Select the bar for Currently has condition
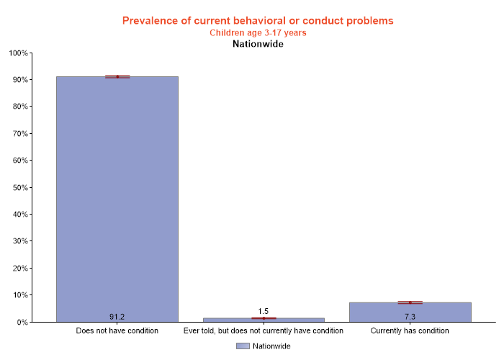tap(410, 312)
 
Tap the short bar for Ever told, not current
tap(264, 320)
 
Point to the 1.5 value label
tap(264, 311)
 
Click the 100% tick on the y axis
tap(17, 53)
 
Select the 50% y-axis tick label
tap(19, 188)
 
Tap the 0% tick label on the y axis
tap(21, 323)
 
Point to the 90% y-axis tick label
tap(19, 80)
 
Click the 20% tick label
tap(19, 269)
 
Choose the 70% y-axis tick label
tap(19, 134)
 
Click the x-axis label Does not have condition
tap(117, 331)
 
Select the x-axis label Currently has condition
tap(410, 331)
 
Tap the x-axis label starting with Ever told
tap(264, 331)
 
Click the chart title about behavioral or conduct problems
tap(258, 21)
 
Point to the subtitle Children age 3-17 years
tap(258, 33)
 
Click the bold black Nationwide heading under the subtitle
tap(258, 44)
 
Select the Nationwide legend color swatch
tap(243, 346)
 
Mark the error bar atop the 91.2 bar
tap(117, 76)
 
